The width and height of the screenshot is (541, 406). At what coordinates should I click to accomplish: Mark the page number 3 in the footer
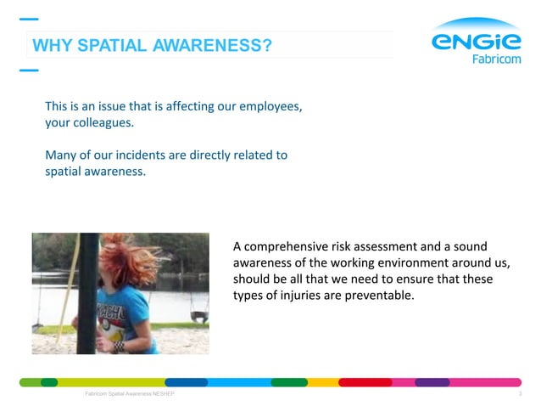click(x=519, y=395)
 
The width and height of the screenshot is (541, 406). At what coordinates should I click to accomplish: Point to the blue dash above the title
click(x=29, y=19)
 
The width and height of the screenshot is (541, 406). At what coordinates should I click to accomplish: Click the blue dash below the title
click(x=29, y=70)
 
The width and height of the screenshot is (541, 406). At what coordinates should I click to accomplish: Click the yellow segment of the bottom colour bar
click(x=322, y=382)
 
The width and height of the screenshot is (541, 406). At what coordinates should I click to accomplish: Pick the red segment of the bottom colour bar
click(x=365, y=382)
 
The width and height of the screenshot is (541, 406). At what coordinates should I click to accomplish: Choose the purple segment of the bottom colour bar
click(x=432, y=382)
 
